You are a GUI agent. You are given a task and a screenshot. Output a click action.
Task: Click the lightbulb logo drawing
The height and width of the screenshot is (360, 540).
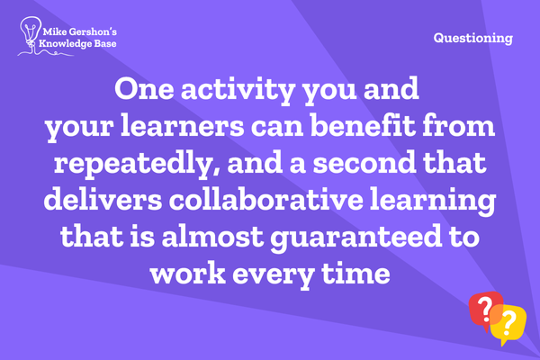[x=31, y=34]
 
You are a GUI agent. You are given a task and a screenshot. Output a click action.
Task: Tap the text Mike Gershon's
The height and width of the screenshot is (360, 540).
[x=79, y=32]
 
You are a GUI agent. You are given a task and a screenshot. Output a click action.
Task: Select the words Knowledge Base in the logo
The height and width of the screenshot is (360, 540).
[x=77, y=44]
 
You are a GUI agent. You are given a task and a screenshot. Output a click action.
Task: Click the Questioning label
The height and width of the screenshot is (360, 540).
[x=473, y=38]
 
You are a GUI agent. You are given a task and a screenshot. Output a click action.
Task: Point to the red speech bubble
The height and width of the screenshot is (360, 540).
[x=482, y=308]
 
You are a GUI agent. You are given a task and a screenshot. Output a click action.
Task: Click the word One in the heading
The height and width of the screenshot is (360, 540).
[x=144, y=89]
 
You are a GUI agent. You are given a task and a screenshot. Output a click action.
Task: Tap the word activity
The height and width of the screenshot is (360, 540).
[x=238, y=91]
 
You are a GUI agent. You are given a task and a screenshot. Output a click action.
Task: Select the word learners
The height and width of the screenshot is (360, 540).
[x=183, y=126]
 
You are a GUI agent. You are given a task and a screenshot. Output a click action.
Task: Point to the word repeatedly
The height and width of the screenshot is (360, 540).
[x=137, y=165]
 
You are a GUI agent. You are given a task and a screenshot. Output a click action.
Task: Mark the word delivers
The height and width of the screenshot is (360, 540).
[x=103, y=200]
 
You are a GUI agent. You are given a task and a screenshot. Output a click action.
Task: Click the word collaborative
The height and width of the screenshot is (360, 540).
[x=266, y=200]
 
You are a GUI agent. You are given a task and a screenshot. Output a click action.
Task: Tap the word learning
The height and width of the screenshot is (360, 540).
[x=433, y=202]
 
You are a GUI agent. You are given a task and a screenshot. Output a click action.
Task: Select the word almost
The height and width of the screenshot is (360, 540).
[x=212, y=237]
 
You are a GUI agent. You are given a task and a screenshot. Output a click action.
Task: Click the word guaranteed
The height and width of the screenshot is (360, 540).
[x=356, y=238]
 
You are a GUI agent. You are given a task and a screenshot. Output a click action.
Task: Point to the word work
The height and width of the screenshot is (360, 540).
[x=188, y=274]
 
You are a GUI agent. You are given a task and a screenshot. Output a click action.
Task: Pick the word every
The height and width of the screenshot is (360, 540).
[x=273, y=276]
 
